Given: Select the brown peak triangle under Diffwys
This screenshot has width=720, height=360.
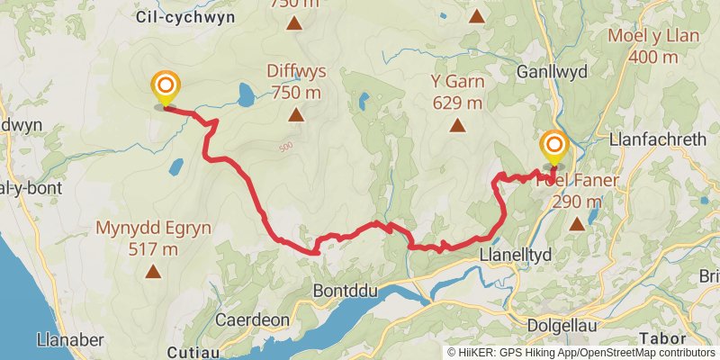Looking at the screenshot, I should coord(295,114).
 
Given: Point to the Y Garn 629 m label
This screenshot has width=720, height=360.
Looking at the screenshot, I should coord(457,92).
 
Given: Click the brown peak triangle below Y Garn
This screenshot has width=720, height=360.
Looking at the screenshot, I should coord(457,126).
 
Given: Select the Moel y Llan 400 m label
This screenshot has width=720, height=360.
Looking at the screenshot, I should coord(654,46).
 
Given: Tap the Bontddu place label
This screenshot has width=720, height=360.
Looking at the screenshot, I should coord(342,291).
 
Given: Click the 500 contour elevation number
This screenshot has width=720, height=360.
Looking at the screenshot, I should coord(285,147).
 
